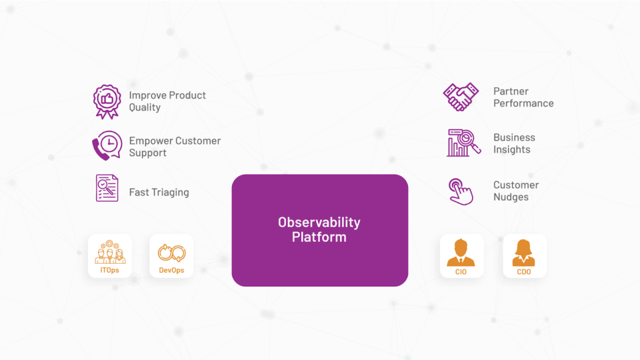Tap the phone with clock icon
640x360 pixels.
(x=107, y=146)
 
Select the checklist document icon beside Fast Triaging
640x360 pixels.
(x=107, y=188)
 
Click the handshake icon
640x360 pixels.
(x=461, y=97)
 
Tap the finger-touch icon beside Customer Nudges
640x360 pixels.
(x=461, y=191)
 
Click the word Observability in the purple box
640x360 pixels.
(x=319, y=222)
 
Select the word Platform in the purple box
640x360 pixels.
(x=319, y=237)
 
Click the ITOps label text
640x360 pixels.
(x=110, y=271)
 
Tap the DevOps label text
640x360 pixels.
(x=172, y=271)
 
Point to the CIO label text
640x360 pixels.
(x=461, y=272)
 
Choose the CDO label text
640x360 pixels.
(x=524, y=272)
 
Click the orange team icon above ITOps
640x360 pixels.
(x=110, y=252)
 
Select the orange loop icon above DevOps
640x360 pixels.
(x=172, y=252)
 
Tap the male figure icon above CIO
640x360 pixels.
(x=461, y=252)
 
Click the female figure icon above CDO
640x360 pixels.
(x=524, y=252)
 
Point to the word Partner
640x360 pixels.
(x=511, y=91)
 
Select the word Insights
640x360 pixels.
(x=511, y=149)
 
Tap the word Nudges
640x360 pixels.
(x=511, y=197)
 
